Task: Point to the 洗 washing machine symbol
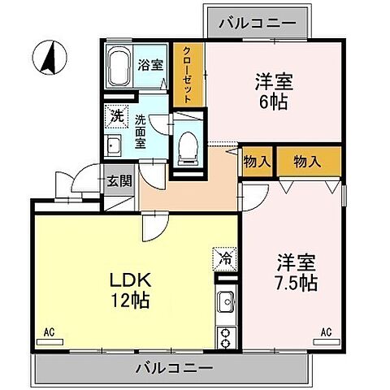pyautogui.click(x=117, y=116)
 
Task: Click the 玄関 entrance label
pyautogui.click(x=119, y=181)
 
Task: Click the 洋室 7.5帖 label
pyautogui.click(x=297, y=273)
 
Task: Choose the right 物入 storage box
pyautogui.click(x=306, y=162)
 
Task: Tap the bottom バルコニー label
pyautogui.click(x=174, y=368)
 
